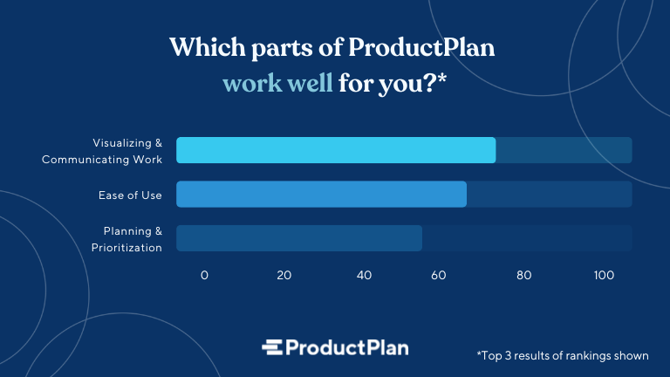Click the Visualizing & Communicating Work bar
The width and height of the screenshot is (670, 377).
[336, 150]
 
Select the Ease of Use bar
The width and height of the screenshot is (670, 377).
[321, 195]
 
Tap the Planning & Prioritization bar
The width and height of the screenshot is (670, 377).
[299, 238]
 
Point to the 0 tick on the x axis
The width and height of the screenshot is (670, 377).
[204, 275]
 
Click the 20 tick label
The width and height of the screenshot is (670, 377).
[284, 275]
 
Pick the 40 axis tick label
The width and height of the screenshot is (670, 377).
[364, 275]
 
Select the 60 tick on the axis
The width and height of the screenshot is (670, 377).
[444, 275]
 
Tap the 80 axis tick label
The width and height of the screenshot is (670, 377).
[523, 275]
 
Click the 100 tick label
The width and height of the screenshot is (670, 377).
[604, 275]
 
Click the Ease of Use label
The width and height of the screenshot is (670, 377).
[130, 195]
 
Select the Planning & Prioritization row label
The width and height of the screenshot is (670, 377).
[126, 239]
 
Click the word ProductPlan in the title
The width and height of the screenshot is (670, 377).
[421, 48]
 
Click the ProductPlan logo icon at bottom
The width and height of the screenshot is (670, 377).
[274, 347]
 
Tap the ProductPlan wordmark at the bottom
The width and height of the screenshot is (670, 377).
[348, 347]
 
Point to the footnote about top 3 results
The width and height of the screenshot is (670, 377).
[563, 355]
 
